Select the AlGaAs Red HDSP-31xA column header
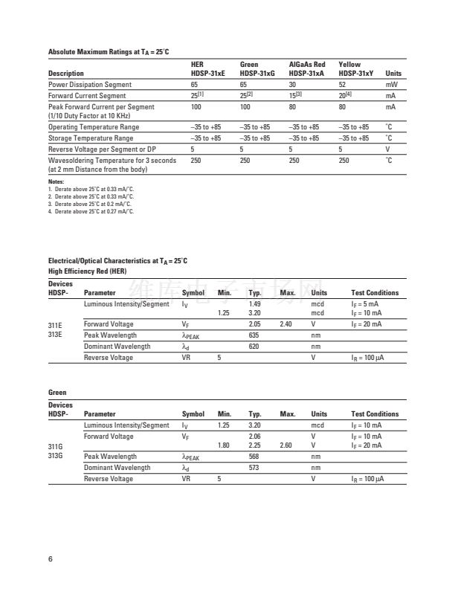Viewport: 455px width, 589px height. click(x=307, y=69)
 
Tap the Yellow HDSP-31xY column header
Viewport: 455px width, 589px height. click(x=355, y=69)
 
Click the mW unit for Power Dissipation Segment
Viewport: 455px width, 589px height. click(x=390, y=85)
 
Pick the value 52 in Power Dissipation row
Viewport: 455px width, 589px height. click(x=342, y=85)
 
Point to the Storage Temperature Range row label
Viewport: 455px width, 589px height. click(x=91, y=138)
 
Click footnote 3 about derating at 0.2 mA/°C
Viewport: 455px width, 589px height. click(x=91, y=204)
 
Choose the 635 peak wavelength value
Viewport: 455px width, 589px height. click(x=254, y=335)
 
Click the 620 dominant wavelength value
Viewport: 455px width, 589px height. click(x=254, y=347)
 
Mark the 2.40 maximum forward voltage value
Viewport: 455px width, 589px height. click(x=285, y=324)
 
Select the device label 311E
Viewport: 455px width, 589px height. click(x=56, y=325)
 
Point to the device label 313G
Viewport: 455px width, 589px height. click(x=56, y=456)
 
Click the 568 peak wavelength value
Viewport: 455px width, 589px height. click(x=254, y=457)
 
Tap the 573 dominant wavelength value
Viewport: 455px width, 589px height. click(x=254, y=468)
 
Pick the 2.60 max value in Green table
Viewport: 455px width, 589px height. click(x=285, y=445)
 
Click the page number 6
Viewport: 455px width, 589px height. click(x=50, y=558)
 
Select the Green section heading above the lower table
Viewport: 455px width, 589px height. click(x=57, y=393)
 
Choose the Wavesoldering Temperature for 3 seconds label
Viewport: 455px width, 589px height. click(x=112, y=160)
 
